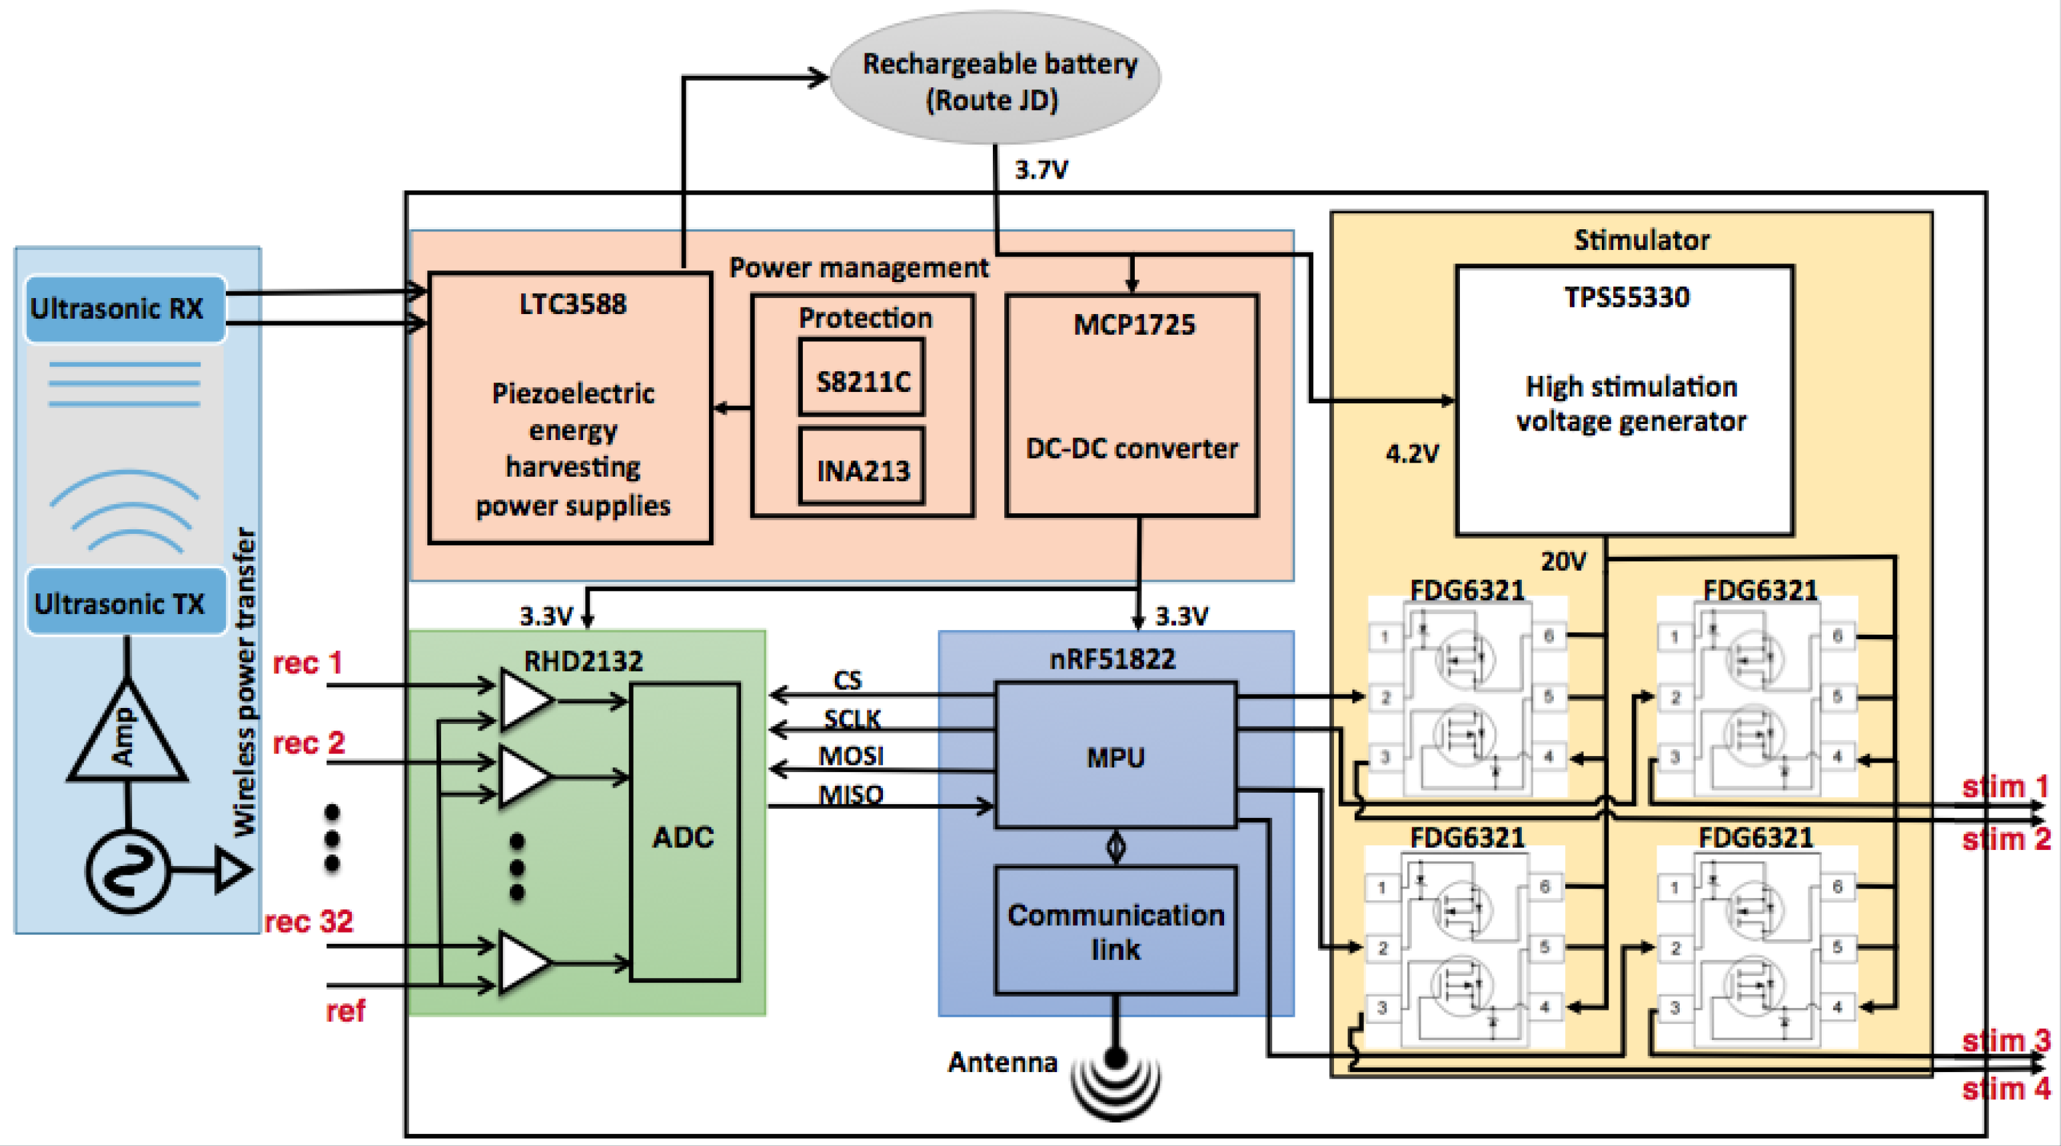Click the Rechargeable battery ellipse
tap(996, 77)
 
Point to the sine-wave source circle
tap(128, 871)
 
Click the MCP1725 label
tap(1133, 324)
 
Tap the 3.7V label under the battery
tap(1040, 169)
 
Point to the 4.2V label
tap(1411, 454)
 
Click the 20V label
tap(1563, 561)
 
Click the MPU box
tap(1115, 755)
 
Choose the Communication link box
tap(1115, 931)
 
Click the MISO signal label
tap(850, 794)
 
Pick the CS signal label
tap(848, 680)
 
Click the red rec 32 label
tap(308, 921)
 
